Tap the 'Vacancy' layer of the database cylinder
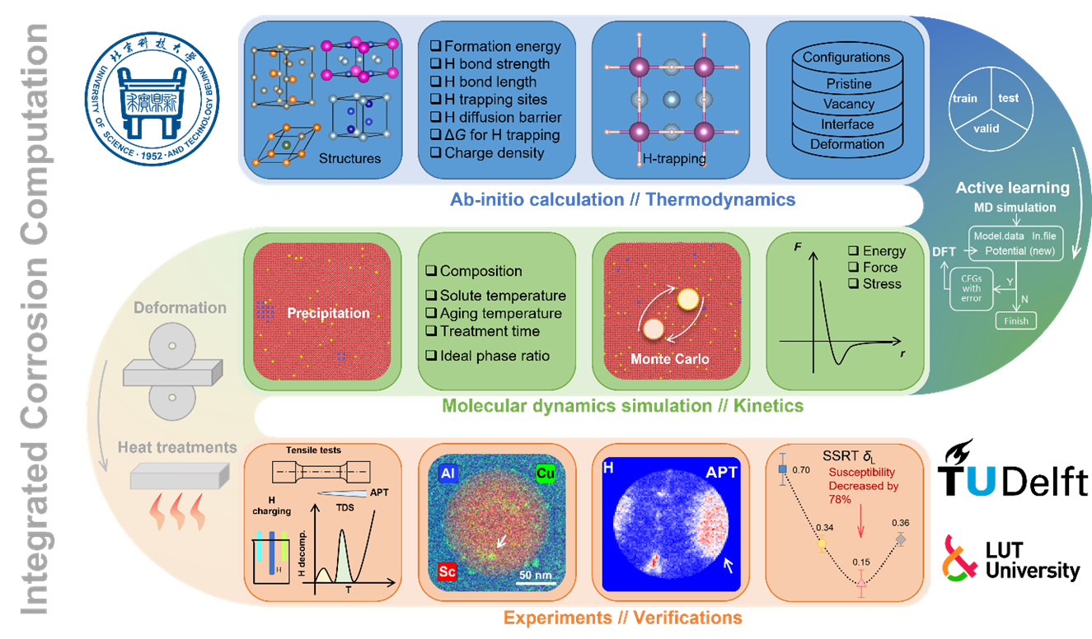coord(848,104)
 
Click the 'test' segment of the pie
coord(1008,98)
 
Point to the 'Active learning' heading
coord(1012,188)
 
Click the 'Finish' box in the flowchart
coord(1015,320)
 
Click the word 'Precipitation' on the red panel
coord(328,313)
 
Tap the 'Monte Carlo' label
coord(669,359)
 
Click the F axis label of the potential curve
coord(797,245)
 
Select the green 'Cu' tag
coord(545,473)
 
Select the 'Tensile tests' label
coord(313,450)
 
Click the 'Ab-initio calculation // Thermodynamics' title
coord(622,199)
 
